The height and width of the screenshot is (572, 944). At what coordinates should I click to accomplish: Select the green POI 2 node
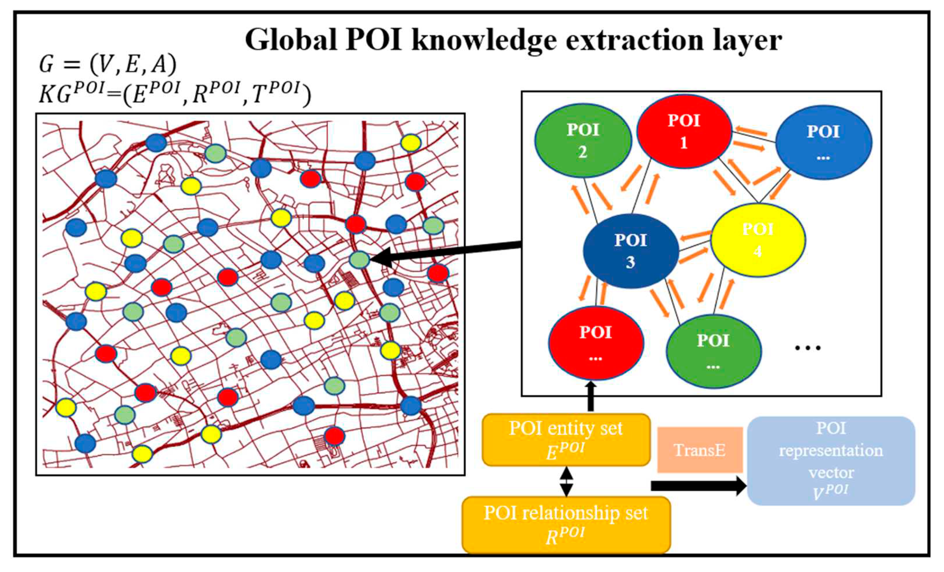(583, 141)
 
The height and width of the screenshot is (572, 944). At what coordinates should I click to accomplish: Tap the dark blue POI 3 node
(630, 251)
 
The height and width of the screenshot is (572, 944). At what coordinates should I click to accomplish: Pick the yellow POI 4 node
(758, 240)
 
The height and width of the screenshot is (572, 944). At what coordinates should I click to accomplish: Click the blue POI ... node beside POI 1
(823, 143)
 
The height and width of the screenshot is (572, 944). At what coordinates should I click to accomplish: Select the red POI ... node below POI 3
(596, 343)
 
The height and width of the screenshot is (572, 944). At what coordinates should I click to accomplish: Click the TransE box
(700, 450)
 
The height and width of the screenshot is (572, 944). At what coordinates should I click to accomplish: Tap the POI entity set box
(566, 440)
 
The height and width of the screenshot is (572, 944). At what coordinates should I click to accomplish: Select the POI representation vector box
(831, 461)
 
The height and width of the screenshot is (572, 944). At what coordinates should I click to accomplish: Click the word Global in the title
(291, 40)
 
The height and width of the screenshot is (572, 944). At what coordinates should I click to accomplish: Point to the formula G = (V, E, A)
(108, 64)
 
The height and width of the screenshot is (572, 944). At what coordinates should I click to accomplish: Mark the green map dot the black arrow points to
(360, 260)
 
